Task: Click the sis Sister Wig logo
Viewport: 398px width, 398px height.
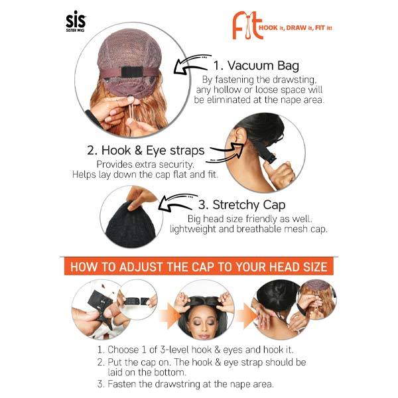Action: (x=76, y=21)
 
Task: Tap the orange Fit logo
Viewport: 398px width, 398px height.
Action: (x=247, y=26)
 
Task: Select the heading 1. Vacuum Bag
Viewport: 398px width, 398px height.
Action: (x=256, y=66)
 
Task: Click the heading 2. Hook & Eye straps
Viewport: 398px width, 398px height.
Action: (x=146, y=151)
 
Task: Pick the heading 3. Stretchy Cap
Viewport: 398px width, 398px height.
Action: (x=241, y=205)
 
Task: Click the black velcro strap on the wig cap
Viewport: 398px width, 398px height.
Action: (x=131, y=72)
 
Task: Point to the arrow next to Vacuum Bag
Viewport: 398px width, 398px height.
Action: (x=192, y=64)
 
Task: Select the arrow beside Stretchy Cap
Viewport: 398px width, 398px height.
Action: (x=178, y=202)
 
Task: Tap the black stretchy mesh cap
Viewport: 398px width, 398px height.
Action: (x=130, y=226)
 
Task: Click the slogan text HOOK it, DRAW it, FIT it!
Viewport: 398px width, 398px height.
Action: (x=295, y=28)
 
